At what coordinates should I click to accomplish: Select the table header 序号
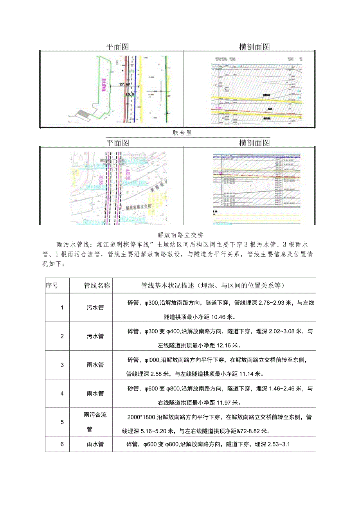point(52,286)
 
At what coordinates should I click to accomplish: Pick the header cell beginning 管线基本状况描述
point(213,286)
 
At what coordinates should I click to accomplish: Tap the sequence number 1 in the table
point(62,308)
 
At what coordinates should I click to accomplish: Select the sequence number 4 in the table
point(62,394)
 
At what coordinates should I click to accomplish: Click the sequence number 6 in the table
point(62,444)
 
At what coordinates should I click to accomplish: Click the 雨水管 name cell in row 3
point(95,365)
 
